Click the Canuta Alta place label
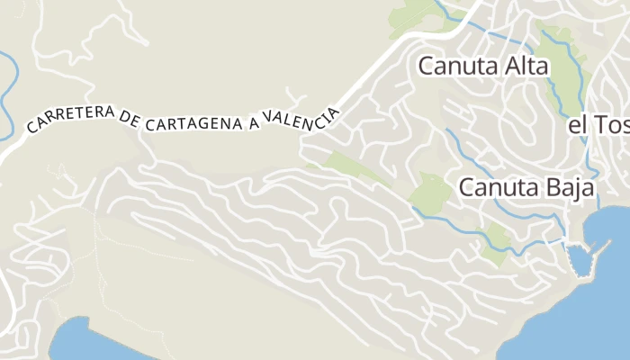point(481,66)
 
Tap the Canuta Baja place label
point(526,188)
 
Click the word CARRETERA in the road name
point(70,117)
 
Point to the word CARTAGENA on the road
point(195,124)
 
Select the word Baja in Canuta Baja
point(571,188)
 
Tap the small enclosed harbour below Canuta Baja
point(580,261)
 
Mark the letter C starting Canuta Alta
point(427,66)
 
